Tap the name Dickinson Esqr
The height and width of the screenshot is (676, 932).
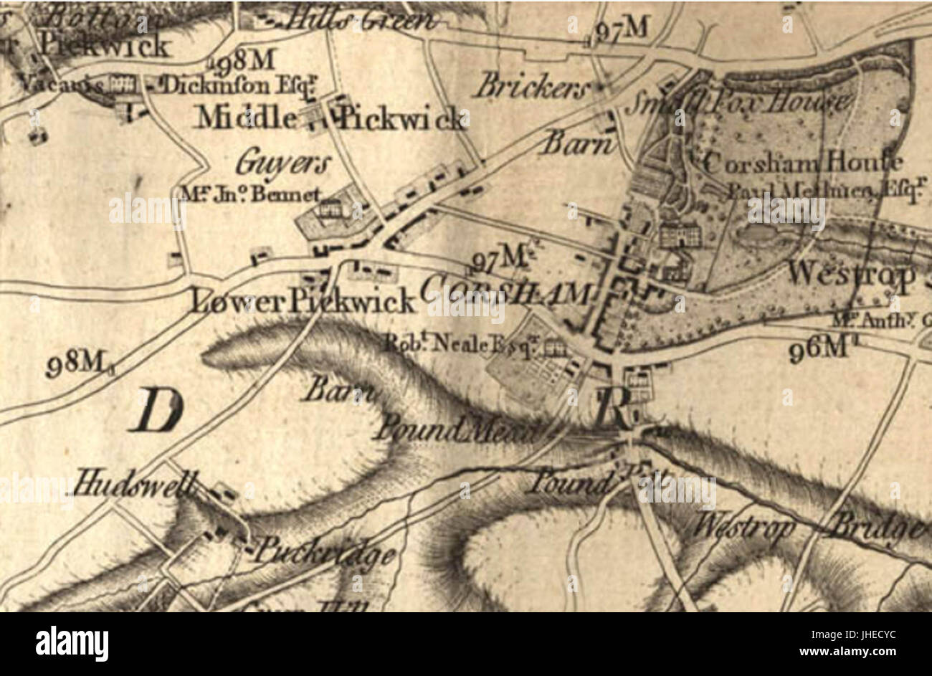pyautogui.click(x=236, y=86)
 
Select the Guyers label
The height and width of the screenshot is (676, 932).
pyautogui.click(x=283, y=164)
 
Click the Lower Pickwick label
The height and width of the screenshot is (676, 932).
pyautogui.click(x=302, y=302)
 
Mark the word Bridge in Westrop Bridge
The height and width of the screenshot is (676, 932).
pyautogui.click(x=872, y=528)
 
